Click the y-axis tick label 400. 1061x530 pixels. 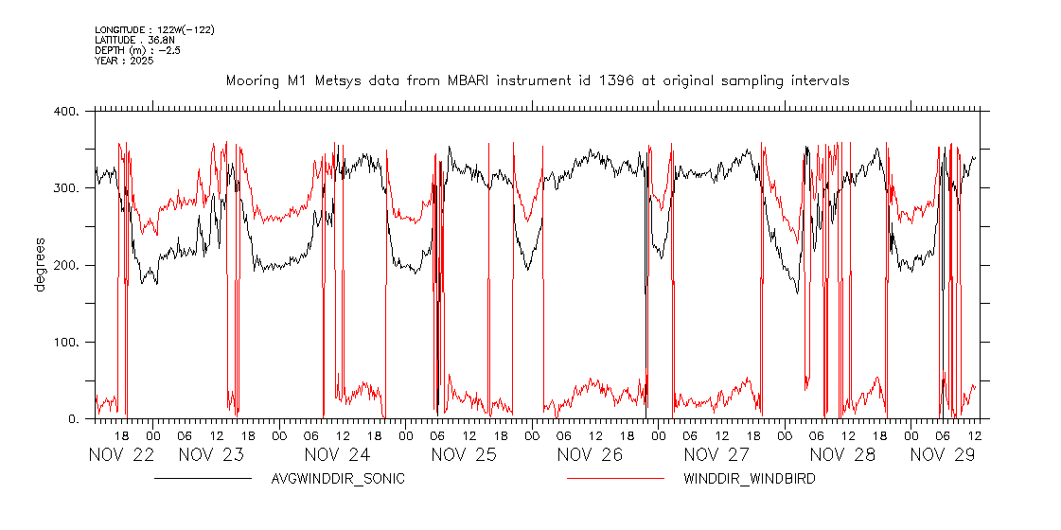click(68, 112)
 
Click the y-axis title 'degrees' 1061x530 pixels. click(40, 265)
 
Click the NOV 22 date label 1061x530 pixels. click(121, 454)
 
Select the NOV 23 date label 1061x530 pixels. click(211, 454)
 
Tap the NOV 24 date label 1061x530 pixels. click(337, 454)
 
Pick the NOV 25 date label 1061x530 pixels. click(464, 454)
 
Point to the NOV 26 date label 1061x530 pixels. click(590, 454)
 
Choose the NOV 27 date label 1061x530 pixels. click(716, 454)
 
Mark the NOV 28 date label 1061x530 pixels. click(842, 454)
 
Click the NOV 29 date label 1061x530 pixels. click(943, 454)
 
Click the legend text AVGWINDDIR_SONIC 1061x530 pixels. click(338, 479)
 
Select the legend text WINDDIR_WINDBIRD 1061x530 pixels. click(750, 479)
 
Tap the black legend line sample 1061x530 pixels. click(203, 479)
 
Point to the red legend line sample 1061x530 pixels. click(616, 479)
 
